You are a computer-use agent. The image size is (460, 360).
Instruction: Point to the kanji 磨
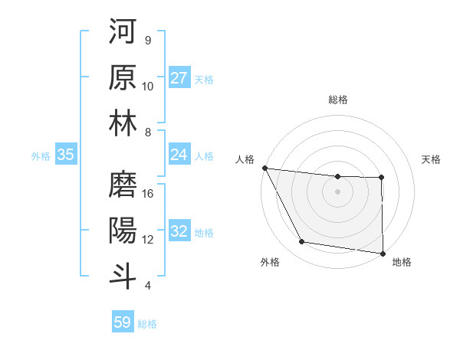[123, 184]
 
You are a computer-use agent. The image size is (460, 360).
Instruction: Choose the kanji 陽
[123, 230]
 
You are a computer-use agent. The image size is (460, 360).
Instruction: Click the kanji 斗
[123, 276]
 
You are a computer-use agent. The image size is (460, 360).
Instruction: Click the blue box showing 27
[179, 78]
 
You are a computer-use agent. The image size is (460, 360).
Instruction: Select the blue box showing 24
[179, 155]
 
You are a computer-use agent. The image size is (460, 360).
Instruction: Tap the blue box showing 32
[179, 231]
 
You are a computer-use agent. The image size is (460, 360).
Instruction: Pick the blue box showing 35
[66, 155]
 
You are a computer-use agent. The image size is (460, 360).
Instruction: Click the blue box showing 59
[123, 322]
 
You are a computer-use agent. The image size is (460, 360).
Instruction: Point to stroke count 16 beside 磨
[149, 194]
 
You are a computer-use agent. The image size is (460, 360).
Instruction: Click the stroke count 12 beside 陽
[149, 240]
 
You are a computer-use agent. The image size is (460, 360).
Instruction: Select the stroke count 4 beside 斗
[148, 286]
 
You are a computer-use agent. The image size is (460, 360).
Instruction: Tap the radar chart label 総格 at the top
[338, 100]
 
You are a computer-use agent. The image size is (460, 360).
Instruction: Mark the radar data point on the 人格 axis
[264, 168]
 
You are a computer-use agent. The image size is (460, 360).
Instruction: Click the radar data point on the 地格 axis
[382, 253]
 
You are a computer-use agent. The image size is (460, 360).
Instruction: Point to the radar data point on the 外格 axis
[302, 242]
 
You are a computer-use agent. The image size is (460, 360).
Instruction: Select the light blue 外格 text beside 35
[41, 155]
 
